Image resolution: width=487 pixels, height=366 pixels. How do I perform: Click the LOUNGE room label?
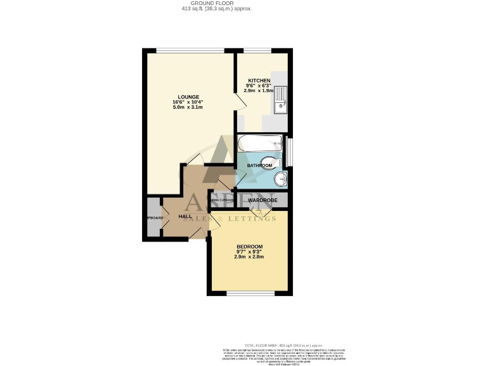pos(188,97)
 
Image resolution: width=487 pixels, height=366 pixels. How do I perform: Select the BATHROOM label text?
pos(259,166)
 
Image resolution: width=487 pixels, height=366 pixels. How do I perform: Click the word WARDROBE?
pos(262,200)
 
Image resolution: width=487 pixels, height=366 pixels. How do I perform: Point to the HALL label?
pos(185,217)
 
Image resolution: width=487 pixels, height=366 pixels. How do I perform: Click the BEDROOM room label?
pos(249,247)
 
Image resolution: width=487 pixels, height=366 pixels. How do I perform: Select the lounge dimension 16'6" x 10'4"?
pos(188,102)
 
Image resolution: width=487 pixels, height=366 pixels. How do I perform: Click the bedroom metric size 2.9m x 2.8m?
pos(249,257)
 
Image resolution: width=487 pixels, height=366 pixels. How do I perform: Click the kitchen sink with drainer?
pos(281,100)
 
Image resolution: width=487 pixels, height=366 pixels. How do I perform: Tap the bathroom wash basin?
pos(282,180)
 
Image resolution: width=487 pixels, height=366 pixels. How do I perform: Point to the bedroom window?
pos(250,294)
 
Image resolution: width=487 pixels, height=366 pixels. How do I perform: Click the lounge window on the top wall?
pos(190,51)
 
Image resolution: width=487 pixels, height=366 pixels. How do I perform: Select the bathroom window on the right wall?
pos(290,152)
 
